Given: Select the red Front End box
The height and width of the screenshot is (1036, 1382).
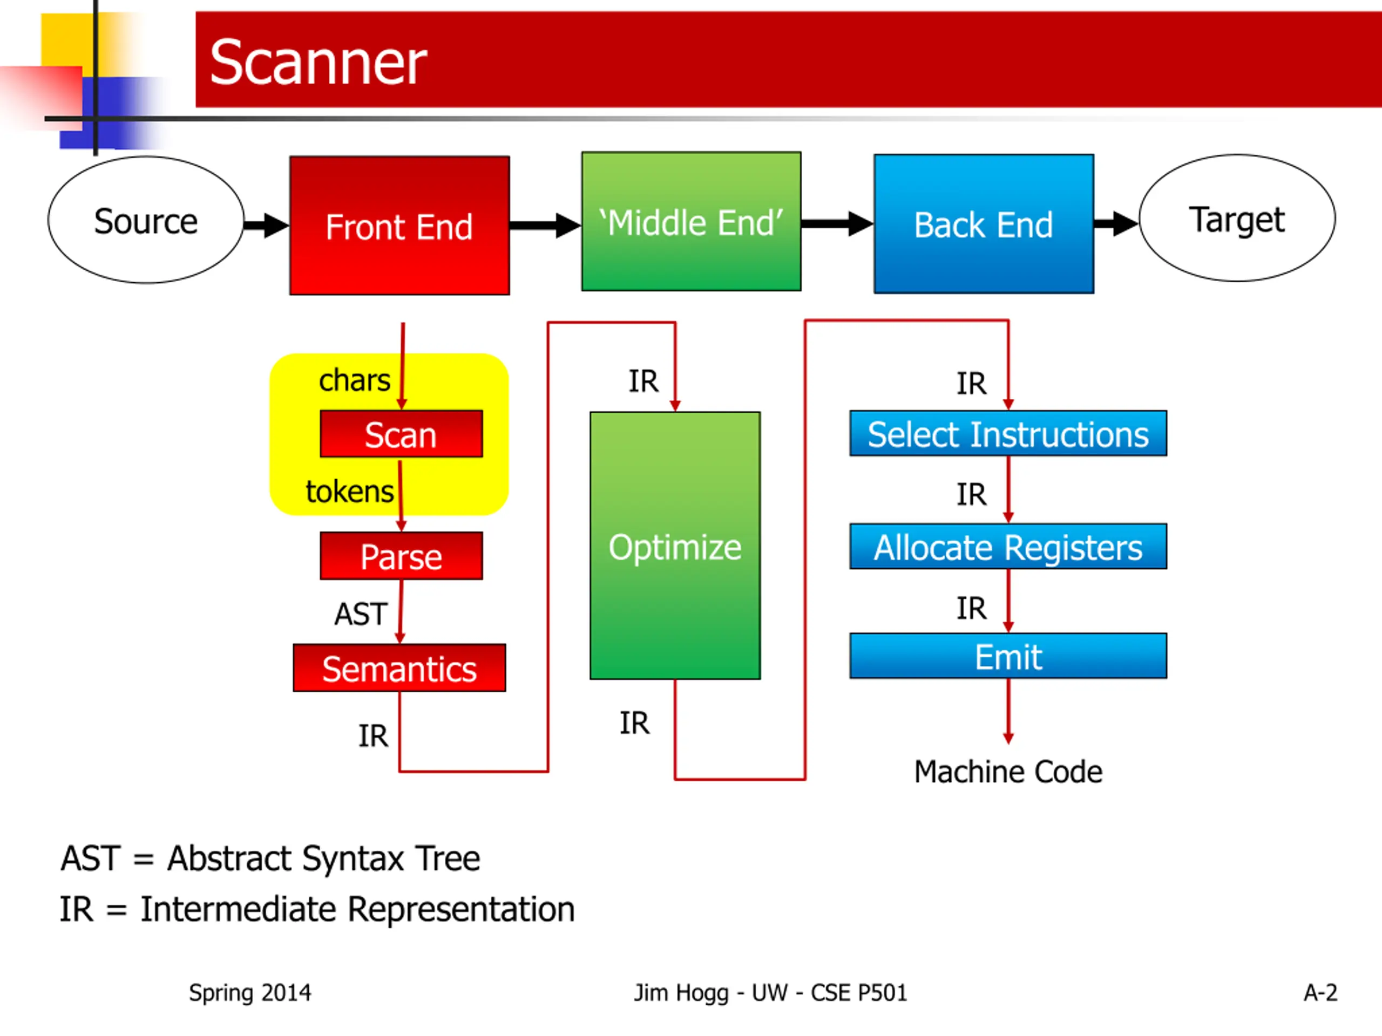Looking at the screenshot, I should [x=399, y=226].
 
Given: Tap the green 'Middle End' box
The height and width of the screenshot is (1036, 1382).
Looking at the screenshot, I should [x=691, y=222].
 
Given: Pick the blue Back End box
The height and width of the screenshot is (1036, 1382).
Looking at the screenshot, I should [x=984, y=224].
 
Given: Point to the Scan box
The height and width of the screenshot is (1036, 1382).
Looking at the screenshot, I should [x=401, y=434].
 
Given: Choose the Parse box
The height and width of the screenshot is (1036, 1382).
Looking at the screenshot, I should [x=401, y=556].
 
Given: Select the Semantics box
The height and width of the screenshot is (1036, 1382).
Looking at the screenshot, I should [x=399, y=668].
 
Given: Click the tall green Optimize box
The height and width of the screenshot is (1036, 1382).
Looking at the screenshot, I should [x=675, y=547].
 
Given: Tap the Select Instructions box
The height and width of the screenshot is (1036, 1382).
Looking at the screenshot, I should [x=1008, y=434].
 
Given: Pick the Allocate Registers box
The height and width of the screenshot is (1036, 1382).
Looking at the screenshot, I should [x=1008, y=547].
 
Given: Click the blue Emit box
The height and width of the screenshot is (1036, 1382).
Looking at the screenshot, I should [x=1008, y=656].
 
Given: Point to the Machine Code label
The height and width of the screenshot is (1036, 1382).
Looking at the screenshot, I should [x=1008, y=772].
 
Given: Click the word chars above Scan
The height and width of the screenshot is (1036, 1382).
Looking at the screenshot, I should [x=354, y=380].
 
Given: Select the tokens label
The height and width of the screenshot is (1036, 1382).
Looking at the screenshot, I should [x=349, y=492].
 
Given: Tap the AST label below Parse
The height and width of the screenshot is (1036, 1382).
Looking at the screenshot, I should [x=361, y=614].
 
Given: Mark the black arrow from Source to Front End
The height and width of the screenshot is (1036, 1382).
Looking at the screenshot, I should [x=266, y=225].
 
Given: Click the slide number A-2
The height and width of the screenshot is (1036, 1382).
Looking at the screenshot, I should [x=1320, y=992].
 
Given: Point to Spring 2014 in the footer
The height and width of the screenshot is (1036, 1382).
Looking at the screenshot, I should [x=250, y=992].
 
